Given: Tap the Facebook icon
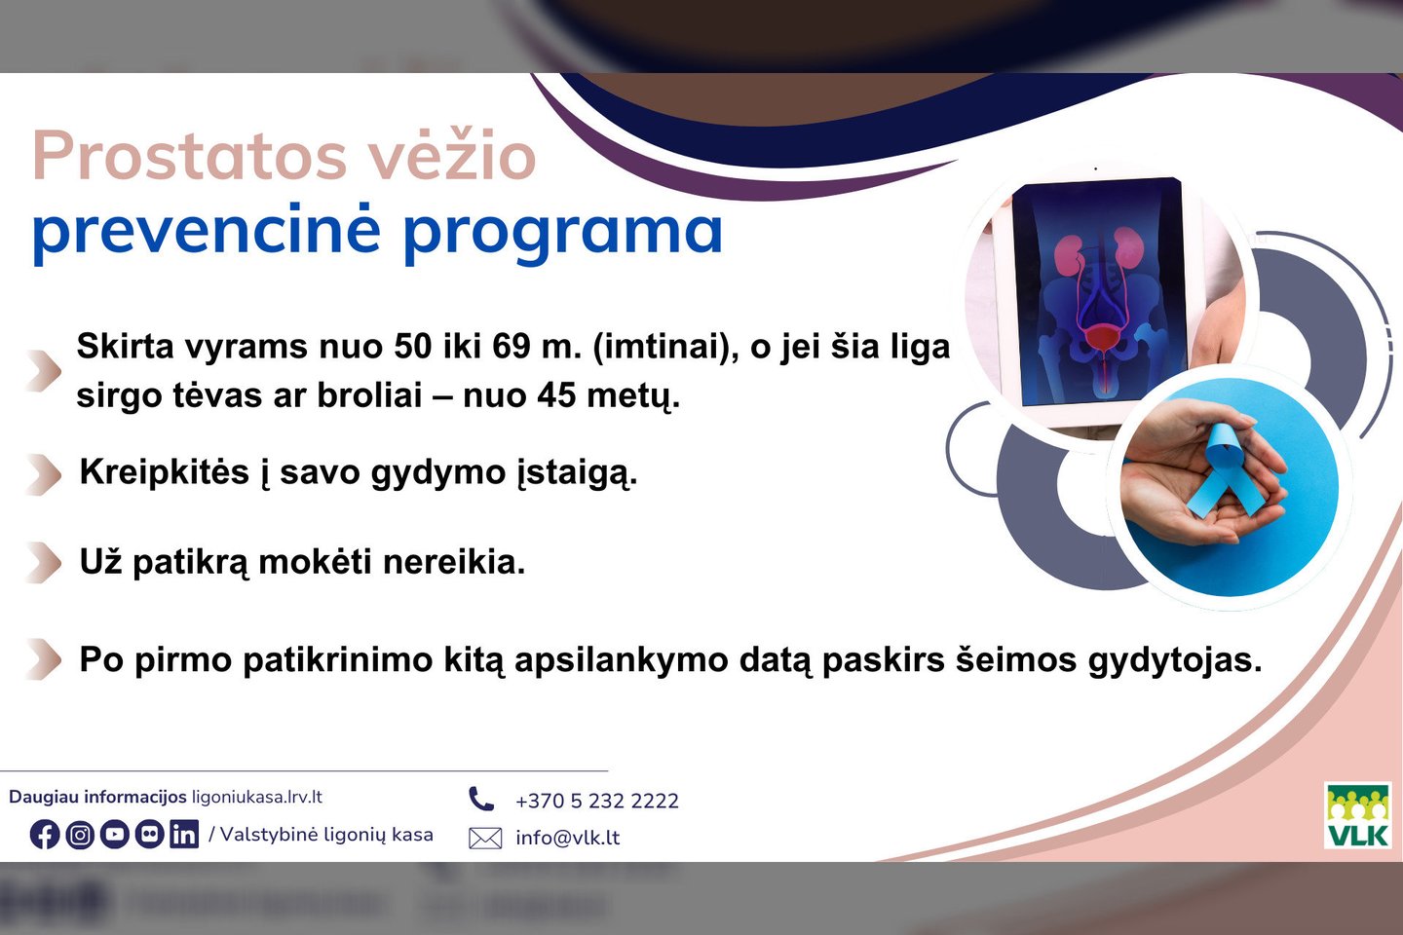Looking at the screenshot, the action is coord(45,835).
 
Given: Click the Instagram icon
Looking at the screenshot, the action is coord(80,835).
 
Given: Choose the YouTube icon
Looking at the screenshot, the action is coord(115,835).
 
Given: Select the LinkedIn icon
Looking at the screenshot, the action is coord(184,835).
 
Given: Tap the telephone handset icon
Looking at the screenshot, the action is coord(481,799).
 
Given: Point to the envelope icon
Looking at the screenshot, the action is coord(485,838).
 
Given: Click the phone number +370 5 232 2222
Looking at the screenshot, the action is coord(597,801).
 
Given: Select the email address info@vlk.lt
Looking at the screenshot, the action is coord(567,838).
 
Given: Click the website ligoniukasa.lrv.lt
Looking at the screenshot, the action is coord(257,798).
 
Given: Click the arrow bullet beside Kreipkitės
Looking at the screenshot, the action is coord(46,474).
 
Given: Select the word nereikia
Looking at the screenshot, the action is coord(454,562).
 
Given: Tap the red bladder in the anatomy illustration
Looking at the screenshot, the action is coord(1102,339).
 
